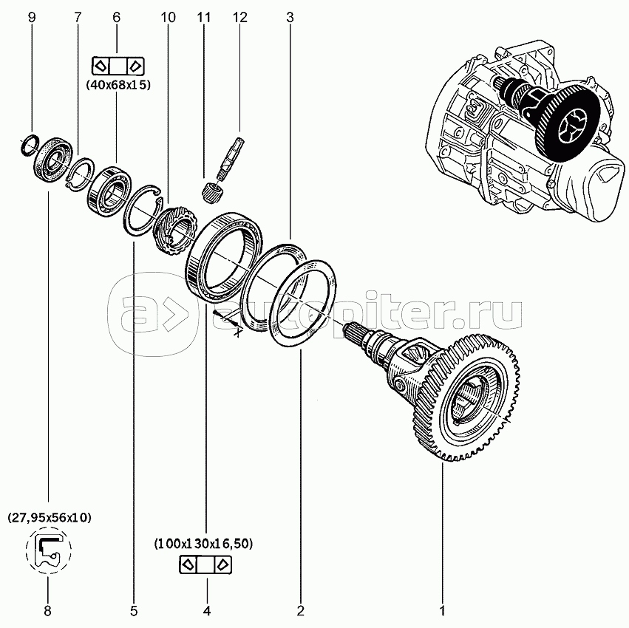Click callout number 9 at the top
pyautogui.click(x=31, y=16)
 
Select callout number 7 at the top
pyautogui.click(x=78, y=16)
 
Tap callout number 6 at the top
pyautogui.click(x=116, y=16)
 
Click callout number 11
pyautogui.click(x=205, y=16)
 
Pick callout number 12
pyautogui.click(x=238, y=16)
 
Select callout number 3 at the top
pyautogui.click(x=290, y=16)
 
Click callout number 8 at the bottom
pyautogui.click(x=48, y=610)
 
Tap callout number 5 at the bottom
pyautogui.click(x=134, y=610)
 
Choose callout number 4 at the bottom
pyautogui.click(x=207, y=610)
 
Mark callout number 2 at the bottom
pyautogui.click(x=301, y=610)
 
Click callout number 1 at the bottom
pyautogui.click(x=442, y=610)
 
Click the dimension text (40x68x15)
pyautogui.click(x=118, y=85)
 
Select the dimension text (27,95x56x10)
pyautogui.click(x=50, y=518)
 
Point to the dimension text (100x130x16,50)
pyautogui.click(x=204, y=544)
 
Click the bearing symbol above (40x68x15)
pyautogui.click(x=118, y=64)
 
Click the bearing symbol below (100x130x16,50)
pyautogui.click(x=205, y=565)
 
